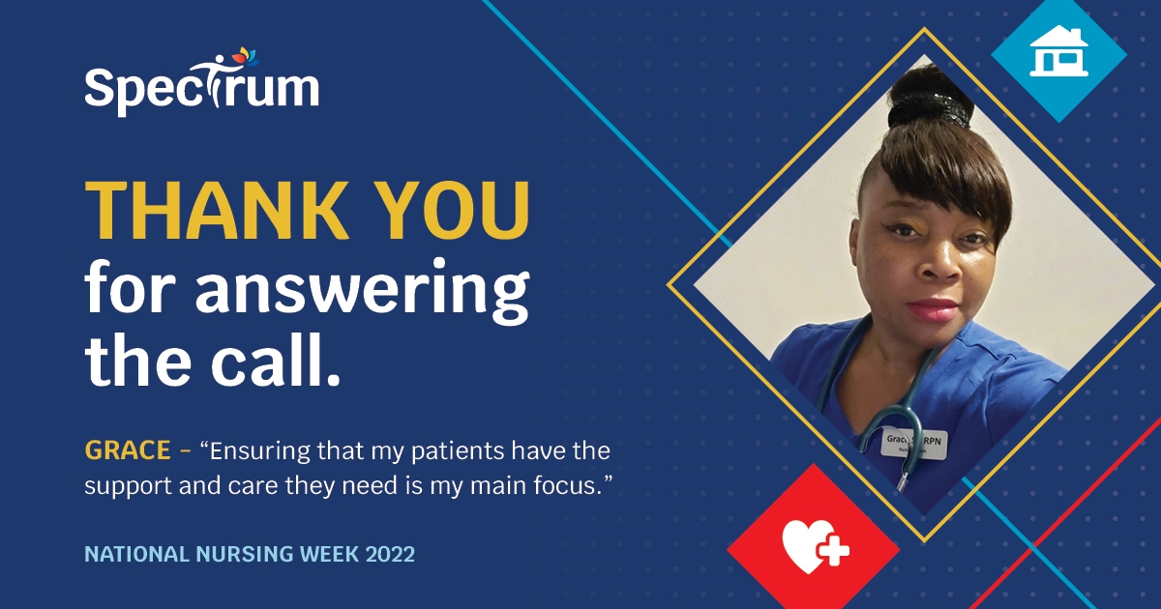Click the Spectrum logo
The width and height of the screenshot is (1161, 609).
[x=201, y=85]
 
